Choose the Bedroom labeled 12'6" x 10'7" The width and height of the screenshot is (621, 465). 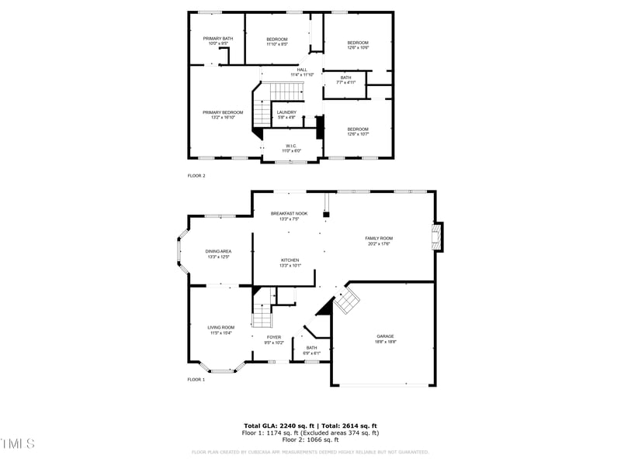click(358, 131)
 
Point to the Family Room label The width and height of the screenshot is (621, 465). click(379, 240)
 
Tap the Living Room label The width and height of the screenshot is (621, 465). click(220, 329)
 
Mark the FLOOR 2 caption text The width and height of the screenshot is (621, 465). click(196, 176)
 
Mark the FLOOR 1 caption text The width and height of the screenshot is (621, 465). click(196, 380)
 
